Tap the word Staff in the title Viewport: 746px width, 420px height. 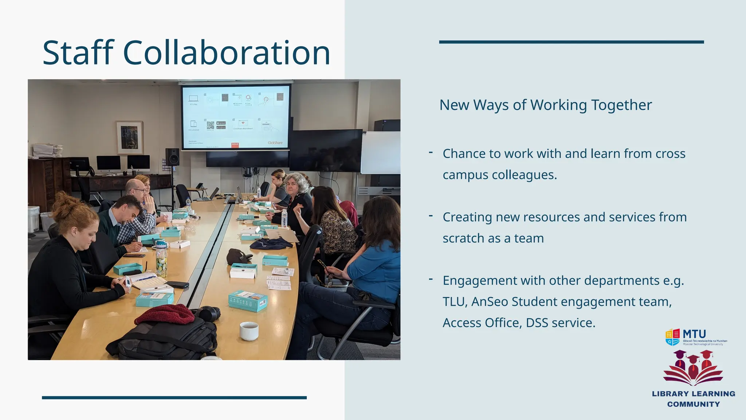click(78, 53)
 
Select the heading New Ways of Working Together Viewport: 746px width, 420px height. click(545, 105)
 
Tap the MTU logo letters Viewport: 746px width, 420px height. click(694, 334)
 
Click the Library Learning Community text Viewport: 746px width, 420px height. click(694, 399)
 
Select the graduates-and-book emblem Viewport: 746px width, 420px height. click(693, 367)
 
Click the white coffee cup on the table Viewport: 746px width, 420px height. click(249, 331)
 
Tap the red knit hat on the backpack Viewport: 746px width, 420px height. click(165, 315)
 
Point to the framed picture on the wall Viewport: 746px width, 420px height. click(129, 137)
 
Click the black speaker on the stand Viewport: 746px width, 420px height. click(172, 157)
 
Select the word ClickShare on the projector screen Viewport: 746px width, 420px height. click(275, 143)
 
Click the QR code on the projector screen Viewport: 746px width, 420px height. click(211, 125)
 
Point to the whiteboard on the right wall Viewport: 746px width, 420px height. click(381, 152)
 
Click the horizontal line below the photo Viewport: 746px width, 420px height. click(174, 398)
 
